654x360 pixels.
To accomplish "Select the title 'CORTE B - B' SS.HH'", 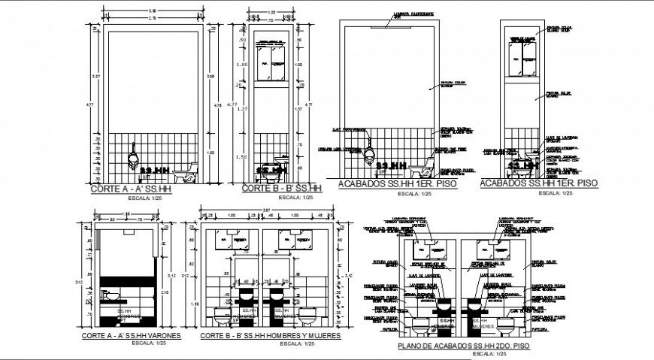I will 282,189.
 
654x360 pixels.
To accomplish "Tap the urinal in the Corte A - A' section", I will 133,159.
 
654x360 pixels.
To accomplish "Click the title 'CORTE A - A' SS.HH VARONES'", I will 131,336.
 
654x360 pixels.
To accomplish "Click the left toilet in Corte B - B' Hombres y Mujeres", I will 223,314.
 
